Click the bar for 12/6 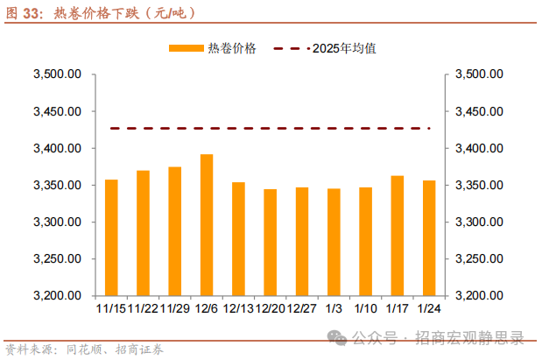(207, 225)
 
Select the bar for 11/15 (111, 237)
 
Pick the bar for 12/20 (270, 243)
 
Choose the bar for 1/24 (428, 238)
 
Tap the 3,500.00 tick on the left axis (58, 75)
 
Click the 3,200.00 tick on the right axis (478, 296)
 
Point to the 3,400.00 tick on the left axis (58, 149)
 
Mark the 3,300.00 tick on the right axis (478, 222)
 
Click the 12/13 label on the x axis (238, 308)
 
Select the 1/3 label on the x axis (334, 308)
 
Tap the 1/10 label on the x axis (365, 308)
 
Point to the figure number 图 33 (24, 13)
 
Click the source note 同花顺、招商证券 (115, 349)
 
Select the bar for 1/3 (334, 242)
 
